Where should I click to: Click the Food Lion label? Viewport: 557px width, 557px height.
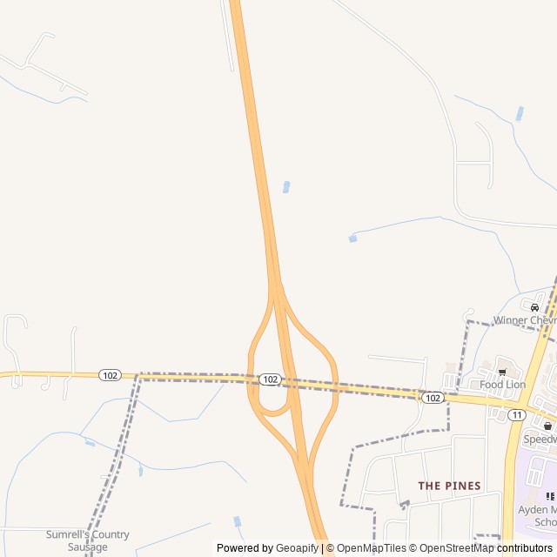[503, 384]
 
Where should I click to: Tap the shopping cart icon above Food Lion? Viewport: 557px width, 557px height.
[502, 372]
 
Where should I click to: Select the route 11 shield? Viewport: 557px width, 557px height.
[517, 415]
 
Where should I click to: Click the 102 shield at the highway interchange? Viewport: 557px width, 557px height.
[270, 379]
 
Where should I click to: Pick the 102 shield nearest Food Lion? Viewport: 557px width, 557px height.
[433, 397]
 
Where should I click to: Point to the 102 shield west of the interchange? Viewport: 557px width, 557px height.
[110, 375]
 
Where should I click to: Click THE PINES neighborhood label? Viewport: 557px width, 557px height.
[449, 486]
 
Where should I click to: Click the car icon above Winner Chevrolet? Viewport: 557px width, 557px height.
[534, 307]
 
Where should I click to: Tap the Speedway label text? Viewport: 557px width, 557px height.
[540, 440]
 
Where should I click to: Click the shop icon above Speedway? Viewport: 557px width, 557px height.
[547, 426]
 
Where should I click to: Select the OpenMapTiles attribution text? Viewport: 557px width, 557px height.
[372, 548]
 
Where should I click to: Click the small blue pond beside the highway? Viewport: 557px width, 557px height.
[286, 186]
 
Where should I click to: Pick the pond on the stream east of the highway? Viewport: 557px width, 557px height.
[352, 238]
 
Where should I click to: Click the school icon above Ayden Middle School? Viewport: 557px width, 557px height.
[550, 496]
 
